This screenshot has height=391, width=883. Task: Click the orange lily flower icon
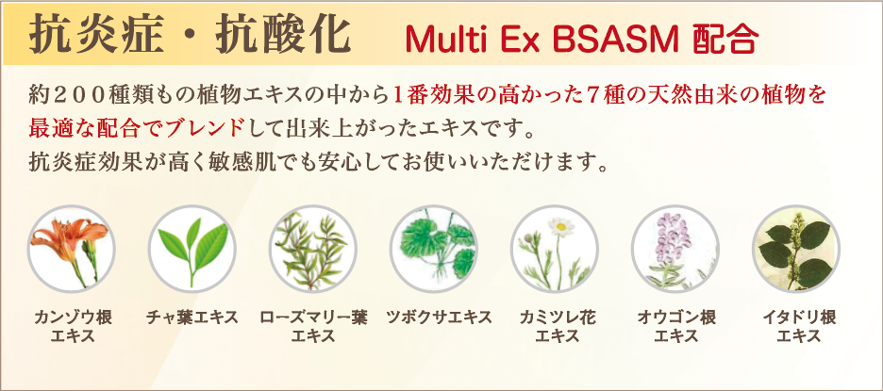(71, 249)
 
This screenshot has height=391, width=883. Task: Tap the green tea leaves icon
(192, 249)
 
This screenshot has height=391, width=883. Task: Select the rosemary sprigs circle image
(312, 249)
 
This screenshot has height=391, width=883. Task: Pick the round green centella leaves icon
(434, 249)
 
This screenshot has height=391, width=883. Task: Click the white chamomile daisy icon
(554, 249)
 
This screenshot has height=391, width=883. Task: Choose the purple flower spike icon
(675, 249)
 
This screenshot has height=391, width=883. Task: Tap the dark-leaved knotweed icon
(795, 249)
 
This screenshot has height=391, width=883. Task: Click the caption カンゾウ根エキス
(73, 327)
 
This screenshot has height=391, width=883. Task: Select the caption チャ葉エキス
(192, 318)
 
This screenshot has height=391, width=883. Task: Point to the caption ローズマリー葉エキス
(313, 327)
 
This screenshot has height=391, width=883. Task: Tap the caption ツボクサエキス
(440, 318)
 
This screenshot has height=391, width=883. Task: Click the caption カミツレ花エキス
(557, 327)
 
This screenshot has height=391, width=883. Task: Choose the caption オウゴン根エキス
(676, 327)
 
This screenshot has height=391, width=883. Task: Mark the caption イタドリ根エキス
(798, 327)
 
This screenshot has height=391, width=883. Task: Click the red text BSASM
(615, 40)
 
